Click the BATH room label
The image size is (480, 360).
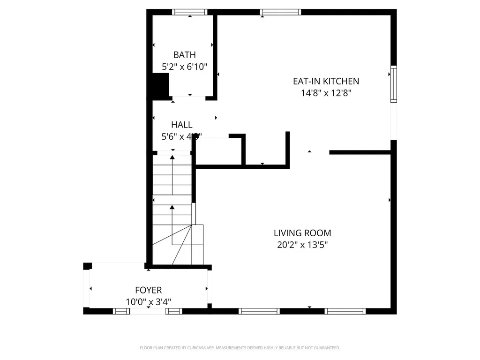pyautogui.click(x=185, y=55)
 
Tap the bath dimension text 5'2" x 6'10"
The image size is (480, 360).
pyautogui.click(x=184, y=67)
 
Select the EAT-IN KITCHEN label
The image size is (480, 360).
pyautogui.click(x=326, y=81)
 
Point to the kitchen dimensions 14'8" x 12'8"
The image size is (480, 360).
pyautogui.click(x=326, y=93)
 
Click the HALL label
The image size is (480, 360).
pyautogui.click(x=181, y=125)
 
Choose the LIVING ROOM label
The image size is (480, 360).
pyautogui.click(x=302, y=232)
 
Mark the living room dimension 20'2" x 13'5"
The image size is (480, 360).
pyautogui.click(x=302, y=244)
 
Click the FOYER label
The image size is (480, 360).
pyautogui.click(x=149, y=291)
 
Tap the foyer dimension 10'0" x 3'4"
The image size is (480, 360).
pyautogui.click(x=149, y=302)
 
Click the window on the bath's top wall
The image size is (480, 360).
pyautogui.click(x=190, y=12)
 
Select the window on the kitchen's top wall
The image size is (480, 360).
pyautogui.click(x=280, y=12)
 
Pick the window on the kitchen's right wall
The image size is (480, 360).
pyautogui.click(x=393, y=84)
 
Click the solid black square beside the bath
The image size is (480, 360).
pyautogui.click(x=160, y=86)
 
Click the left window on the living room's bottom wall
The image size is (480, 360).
pyautogui.click(x=259, y=311)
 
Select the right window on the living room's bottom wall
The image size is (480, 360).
pyautogui.click(x=345, y=311)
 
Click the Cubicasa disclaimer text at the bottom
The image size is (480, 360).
pyautogui.click(x=240, y=348)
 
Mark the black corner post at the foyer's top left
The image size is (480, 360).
pyautogui.click(x=87, y=266)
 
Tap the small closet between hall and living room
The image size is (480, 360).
pyautogui.click(x=218, y=151)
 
